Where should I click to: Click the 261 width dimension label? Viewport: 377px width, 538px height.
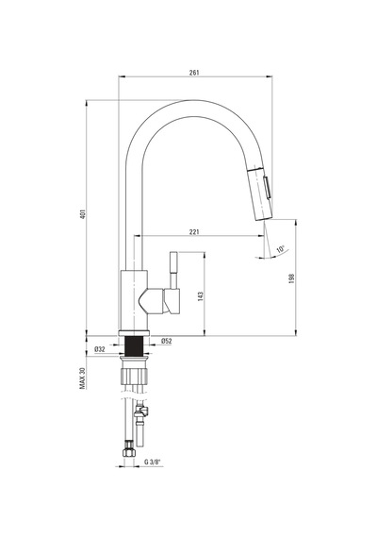click(194, 73)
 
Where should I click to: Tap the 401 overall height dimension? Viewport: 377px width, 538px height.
click(83, 213)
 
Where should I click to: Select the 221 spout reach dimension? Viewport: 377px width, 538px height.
click(194, 232)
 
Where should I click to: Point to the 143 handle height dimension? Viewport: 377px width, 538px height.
click(201, 296)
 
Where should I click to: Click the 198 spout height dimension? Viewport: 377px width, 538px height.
click(291, 278)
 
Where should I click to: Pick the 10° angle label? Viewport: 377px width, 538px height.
click(281, 249)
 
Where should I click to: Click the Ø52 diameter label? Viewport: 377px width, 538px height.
click(167, 341)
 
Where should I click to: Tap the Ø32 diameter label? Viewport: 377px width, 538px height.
click(99, 349)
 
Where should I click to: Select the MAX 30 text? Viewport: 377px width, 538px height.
click(82, 378)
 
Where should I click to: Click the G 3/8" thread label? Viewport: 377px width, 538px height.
click(152, 462)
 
